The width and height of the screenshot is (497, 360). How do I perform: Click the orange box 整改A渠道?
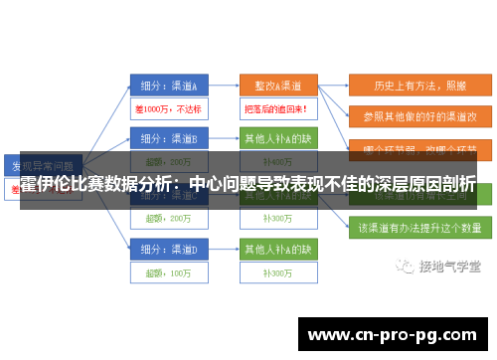click(x=277, y=85)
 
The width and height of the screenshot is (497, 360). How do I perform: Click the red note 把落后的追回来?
click(x=277, y=107)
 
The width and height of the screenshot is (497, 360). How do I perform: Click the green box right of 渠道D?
click(x=277, y=247)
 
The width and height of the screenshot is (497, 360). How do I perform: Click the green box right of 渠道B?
click(x=277, y=136)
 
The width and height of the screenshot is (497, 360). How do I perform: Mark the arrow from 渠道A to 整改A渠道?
click(x=223, y=85)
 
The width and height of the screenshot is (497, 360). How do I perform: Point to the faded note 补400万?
click(x=277, y=161)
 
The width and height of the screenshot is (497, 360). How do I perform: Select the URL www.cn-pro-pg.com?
click(x=394, y=334)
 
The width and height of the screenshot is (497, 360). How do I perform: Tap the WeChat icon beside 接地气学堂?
click(x=405, y=267)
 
